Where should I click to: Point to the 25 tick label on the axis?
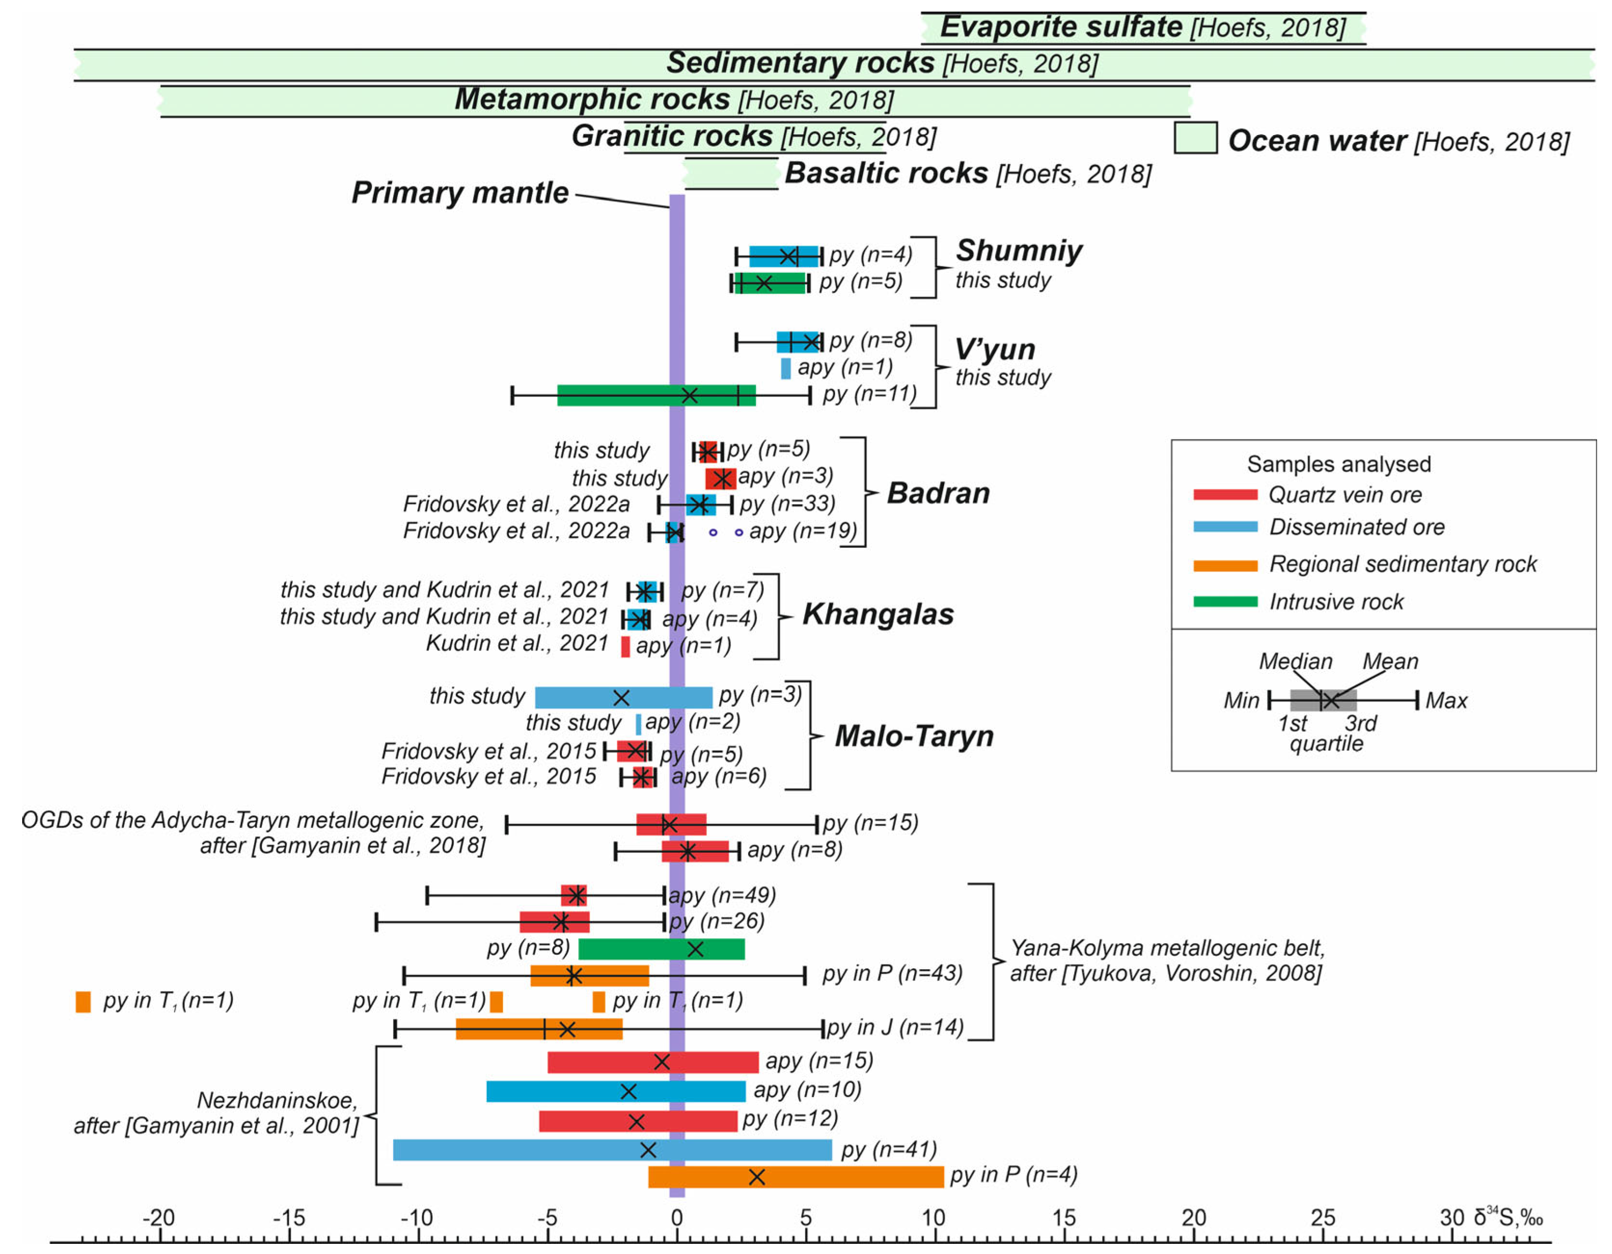click(1322, 1218)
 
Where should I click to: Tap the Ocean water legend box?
click(1195, 138)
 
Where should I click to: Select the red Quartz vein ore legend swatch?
click(1225, 495)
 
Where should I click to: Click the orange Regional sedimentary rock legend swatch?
click(1225, 566)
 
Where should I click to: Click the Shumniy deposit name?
click(1019, 251)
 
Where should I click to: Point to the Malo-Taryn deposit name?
click(914, 736)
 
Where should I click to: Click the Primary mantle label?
click(460, 193)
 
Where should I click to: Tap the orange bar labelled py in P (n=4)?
click(796, 1177)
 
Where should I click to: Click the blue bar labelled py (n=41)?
click(612, 1150)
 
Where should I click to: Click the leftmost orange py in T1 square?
click(83, 1002)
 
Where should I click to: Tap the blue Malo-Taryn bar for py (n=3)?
click(624, 697)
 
